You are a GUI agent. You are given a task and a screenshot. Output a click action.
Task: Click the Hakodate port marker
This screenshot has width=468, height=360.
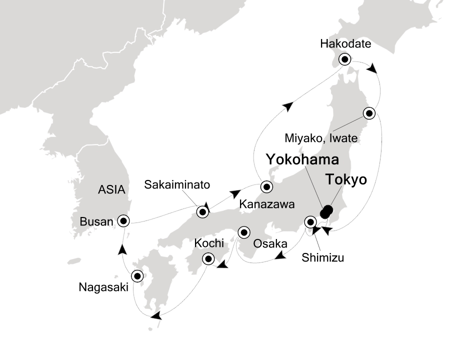pos(345,59)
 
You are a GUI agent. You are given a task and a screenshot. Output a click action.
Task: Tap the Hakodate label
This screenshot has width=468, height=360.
pos(345,44)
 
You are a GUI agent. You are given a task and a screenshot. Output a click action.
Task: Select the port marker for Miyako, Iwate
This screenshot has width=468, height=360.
pos(369,113)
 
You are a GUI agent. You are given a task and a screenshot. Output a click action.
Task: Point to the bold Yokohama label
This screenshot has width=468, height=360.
pos(302,160)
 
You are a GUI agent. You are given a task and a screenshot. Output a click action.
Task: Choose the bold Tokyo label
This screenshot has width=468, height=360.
pos(346,180)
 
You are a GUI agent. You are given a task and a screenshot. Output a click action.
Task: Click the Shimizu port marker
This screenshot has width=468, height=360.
pos(310,221)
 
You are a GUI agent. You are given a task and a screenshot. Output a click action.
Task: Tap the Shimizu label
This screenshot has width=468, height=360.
pos(323,258)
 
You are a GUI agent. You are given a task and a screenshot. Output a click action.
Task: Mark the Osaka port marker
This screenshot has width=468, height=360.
pos(243,232)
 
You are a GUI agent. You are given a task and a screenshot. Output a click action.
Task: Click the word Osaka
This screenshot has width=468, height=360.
pos(270,244)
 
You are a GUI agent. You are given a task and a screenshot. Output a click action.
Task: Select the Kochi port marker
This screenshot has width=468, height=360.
pos(208,259)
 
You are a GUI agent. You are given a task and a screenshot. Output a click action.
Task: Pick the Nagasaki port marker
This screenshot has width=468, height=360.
pos(136,275)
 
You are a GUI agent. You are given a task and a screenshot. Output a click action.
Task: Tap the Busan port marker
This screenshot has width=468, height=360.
pos(123,220)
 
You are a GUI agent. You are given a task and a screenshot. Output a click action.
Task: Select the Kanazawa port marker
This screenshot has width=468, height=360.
pos(266,187)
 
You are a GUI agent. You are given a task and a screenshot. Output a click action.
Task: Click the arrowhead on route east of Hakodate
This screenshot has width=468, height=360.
pos(372,68)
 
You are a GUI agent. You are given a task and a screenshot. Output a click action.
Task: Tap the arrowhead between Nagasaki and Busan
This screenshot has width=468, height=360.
pos(122,247)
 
